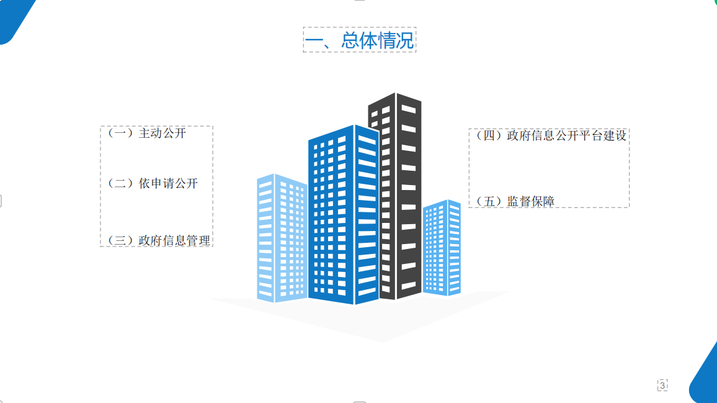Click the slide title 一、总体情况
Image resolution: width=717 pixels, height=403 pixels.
click(359, 40)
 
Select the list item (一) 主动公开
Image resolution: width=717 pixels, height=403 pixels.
click(146, 134)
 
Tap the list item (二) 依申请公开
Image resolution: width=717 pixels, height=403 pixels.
click(153, 184)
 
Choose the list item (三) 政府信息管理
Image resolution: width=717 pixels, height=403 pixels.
click(158, 240)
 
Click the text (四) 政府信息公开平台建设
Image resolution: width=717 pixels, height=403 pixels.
click(551, 135)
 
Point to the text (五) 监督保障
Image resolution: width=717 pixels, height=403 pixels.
click(515, 201)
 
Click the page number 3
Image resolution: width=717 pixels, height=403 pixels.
click(662, 386)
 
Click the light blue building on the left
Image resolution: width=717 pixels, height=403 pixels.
click(282, 238)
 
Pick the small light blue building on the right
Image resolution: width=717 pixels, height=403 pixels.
click(442, 247)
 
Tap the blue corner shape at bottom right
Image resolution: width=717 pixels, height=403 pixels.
click(704, 378)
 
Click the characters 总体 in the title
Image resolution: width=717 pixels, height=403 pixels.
click(358, 40)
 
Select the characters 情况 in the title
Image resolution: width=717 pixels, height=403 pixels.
click(396, 40)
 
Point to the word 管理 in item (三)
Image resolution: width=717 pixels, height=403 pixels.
click(198, 240)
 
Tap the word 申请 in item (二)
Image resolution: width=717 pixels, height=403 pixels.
click(163, 184)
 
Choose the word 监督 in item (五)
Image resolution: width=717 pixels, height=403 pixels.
click(519, 201)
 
